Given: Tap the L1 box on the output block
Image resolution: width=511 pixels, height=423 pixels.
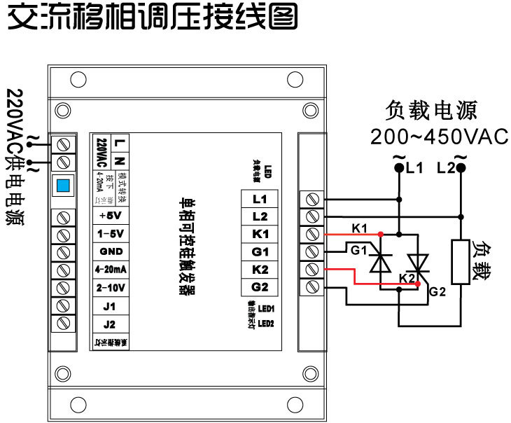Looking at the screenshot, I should click(260, 198).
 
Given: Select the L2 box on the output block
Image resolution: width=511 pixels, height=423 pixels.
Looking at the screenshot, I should click(260, 216).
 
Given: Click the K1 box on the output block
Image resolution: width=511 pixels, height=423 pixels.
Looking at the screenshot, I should click(260, 233).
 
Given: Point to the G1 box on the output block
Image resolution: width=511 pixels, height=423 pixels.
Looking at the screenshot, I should click(260, 251).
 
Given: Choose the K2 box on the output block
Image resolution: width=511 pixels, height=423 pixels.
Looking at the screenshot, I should click(260, 268).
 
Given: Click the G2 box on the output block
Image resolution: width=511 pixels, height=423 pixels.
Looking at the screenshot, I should click(260, 286).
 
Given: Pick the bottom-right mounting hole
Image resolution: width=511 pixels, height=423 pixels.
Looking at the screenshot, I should click(309, 373).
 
